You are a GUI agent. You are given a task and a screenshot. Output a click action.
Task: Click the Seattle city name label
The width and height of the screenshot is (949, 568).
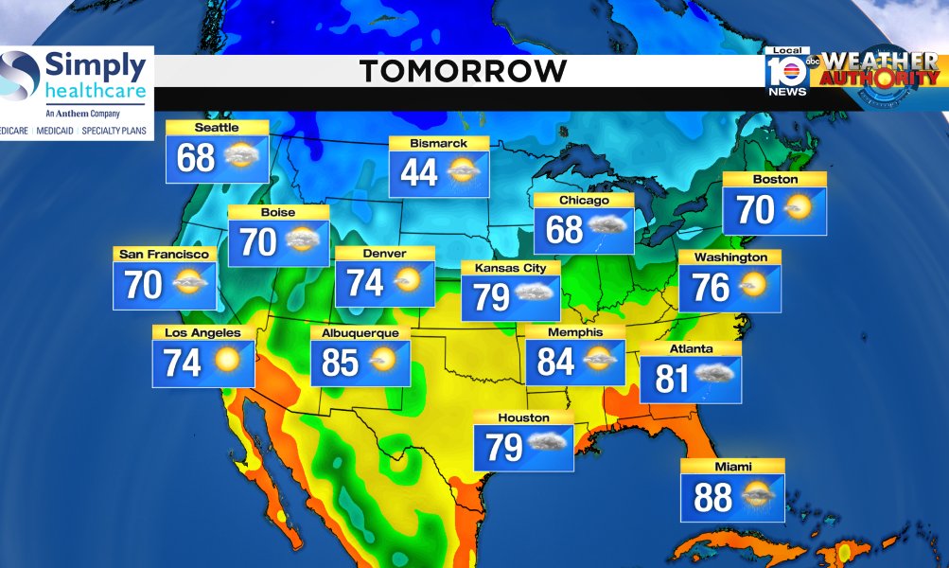[217, 128]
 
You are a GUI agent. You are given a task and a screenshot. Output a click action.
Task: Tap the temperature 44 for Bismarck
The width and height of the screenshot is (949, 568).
[419, 172]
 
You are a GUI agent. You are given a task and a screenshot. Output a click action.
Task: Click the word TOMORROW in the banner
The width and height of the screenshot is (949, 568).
[463, 71]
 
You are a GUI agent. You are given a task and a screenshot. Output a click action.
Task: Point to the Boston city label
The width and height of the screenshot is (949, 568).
[775, 180]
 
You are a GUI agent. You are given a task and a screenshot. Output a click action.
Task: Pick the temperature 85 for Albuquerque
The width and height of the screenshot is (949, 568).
[341, 362]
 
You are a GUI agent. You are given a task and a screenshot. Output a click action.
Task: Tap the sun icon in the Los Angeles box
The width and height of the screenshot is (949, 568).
[227, 361]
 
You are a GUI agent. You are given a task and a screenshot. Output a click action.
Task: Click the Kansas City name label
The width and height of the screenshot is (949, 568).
[510, 269]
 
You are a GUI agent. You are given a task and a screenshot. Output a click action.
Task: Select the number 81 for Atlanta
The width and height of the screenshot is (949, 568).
[671, 379]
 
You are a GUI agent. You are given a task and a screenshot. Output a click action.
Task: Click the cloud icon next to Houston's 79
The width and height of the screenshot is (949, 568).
[548, 442]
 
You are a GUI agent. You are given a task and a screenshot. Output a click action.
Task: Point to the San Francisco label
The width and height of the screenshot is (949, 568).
[165, 255]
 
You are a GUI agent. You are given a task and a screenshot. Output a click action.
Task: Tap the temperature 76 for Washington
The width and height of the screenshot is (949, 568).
[711, 287]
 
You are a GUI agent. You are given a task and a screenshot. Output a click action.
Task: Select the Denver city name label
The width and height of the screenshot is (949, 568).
[384, 254]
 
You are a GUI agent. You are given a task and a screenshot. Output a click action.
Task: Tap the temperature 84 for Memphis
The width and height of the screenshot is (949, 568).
[556, 362]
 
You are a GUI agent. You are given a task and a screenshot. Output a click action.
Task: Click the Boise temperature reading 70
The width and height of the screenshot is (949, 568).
[258, 242]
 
